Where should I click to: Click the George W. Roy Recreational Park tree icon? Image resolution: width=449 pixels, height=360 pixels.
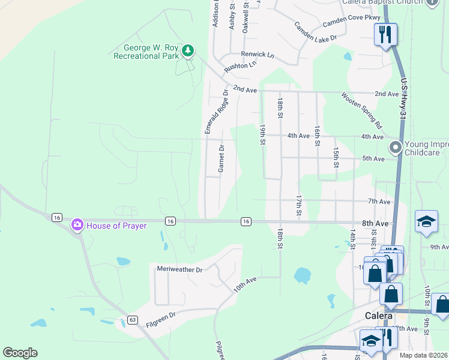point(188,50)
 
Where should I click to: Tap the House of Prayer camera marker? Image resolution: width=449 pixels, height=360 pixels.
point(77,226)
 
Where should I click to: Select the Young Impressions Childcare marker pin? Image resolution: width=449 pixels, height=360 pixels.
point(395,147)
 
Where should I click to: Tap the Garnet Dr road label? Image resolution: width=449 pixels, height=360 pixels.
point(221,158)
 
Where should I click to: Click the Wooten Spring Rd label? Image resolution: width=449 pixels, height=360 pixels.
point(361,110)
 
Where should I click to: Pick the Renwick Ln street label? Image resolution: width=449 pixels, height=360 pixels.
point(258,55)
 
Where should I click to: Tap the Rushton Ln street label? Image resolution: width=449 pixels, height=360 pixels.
point(240,65)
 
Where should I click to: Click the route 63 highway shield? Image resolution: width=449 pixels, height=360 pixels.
point(133,319)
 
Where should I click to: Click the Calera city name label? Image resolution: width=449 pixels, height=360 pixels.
point(379,316)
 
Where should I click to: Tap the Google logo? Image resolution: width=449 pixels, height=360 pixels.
point(20,353)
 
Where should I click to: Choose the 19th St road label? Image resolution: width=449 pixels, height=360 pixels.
point(262,135)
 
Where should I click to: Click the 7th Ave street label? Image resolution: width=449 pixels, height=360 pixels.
point(379,202)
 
